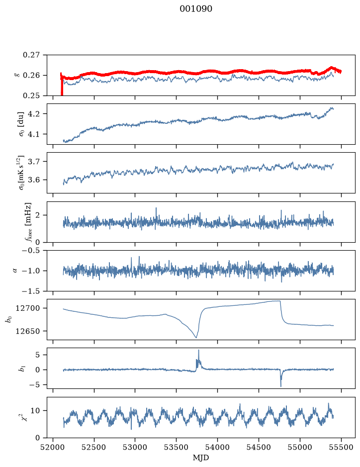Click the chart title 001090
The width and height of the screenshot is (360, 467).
click(x=195, y=9)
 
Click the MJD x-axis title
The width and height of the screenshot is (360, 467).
click(x=201, y=458)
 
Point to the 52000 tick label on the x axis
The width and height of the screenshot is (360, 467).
click(x=53, y=447)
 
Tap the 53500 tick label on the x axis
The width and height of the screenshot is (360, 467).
click(x=177, y=447)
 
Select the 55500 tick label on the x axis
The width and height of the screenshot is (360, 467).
click(x=341, y=447)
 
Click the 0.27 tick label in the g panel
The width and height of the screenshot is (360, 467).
click(x=31, y=55)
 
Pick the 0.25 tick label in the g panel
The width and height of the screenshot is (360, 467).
click(x=31, y=95)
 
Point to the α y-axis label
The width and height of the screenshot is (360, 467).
click(x=15, y=271)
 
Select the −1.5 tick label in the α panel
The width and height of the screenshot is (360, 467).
click(x=31, y=291)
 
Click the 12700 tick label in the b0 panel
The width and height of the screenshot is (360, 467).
click(x=28, y=308)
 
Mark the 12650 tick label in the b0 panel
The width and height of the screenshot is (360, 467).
click(x=28, y=331)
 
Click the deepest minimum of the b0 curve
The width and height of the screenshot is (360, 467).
click(x=196, y=337)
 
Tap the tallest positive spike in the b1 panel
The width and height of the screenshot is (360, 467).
click(x=198, y=351)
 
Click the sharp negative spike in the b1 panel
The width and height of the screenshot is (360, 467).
click(x=281, y=386)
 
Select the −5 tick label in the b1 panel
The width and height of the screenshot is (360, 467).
click(x=35, y=385)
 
